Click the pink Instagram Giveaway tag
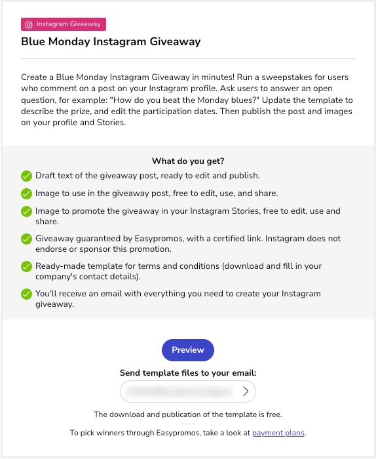[64, 24]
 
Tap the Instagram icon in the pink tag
[29, 24]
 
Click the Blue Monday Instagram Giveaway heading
[111, 42]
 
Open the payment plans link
[278, 433]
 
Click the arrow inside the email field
[246, 391]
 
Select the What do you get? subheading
[187, 161]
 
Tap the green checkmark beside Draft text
[26, 176]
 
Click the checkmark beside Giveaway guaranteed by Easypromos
[26, 239]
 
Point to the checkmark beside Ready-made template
[26, 267]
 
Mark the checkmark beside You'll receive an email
[26, 294]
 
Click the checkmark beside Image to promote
[26, 212]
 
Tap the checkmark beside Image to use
[26, 193]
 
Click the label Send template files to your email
[187, 372]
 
